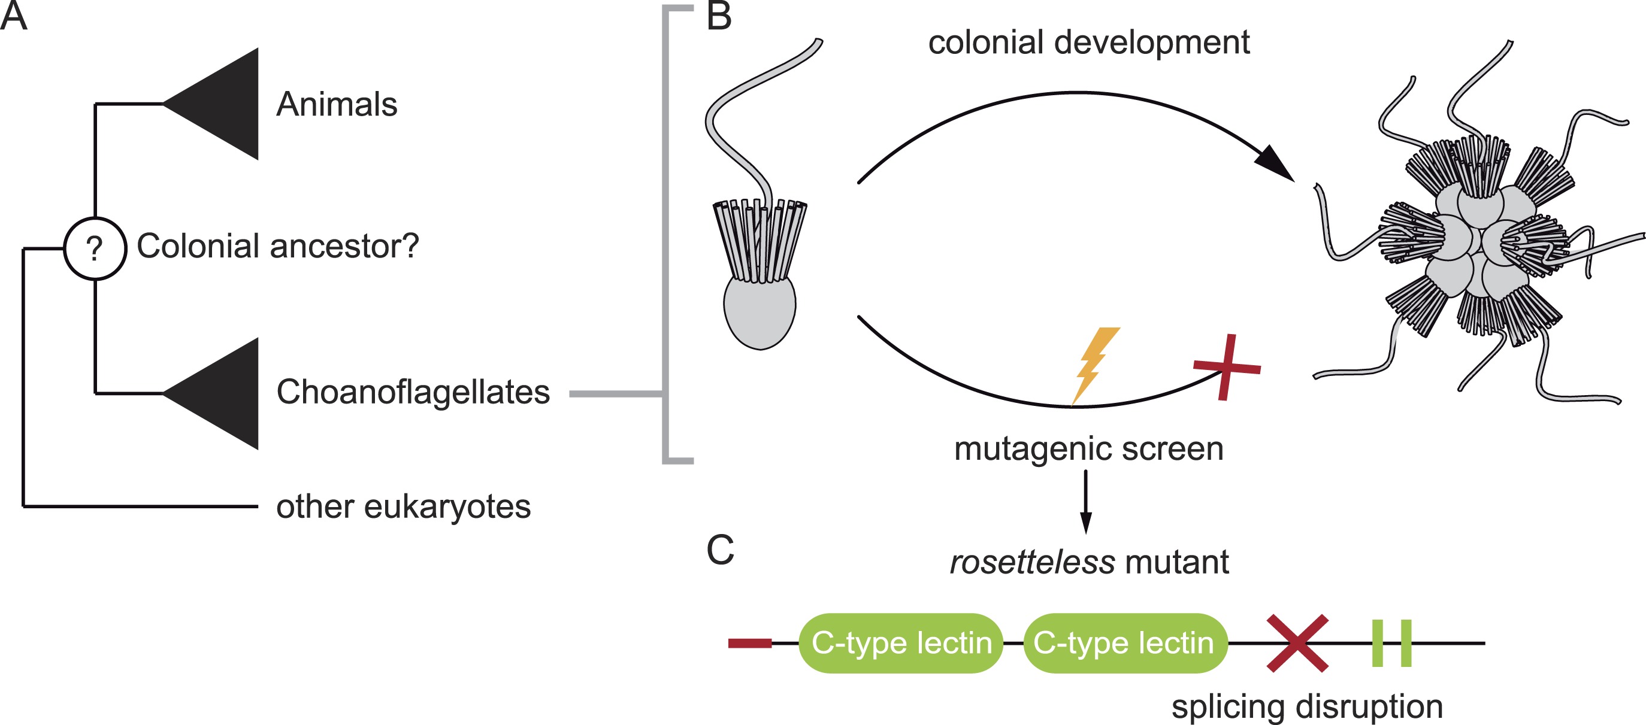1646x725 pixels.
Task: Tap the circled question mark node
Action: pos(95,248)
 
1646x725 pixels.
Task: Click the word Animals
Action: pos(337,104)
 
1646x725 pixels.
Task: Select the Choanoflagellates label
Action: pos(413,392)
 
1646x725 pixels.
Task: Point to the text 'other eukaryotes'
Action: pos(403,506)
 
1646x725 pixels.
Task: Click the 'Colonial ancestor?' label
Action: pos(278,246)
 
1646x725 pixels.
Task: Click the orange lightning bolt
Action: pos(1095,364)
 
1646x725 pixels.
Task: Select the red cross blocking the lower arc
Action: pos(1226,368)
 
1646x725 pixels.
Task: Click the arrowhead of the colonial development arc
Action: pos(1275,163)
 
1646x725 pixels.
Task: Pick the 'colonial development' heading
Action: pos(1089,43)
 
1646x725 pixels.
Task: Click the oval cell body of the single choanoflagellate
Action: pos(759,311)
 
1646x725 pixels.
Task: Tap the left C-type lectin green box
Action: pos(901,642)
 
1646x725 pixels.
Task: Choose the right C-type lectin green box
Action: pos(1125,642)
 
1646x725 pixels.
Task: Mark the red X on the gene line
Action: pos(1297,642)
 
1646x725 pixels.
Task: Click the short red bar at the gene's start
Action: pos(749,642)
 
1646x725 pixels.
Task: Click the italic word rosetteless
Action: pos(1032,562)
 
